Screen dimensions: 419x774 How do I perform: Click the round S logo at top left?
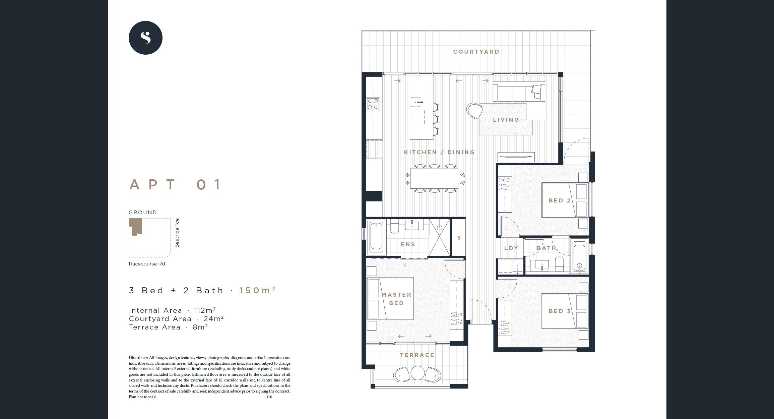point(145,38)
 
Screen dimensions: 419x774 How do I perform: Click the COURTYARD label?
point(476,52)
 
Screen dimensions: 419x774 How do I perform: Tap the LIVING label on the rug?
point(506,120)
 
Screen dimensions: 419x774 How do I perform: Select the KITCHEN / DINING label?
point(439,152)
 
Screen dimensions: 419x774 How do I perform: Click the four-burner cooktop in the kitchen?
point(373,104)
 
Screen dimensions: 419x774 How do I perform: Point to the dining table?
point(434,178)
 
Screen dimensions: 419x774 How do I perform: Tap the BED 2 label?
point(559,200)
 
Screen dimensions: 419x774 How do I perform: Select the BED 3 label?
point(559,311)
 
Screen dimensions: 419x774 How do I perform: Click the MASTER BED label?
point(396,299)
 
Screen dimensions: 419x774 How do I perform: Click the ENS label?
point(408,244)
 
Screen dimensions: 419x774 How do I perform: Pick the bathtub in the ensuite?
point(376,237)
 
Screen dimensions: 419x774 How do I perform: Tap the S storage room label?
point(459,238)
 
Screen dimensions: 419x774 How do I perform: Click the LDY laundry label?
point(511,248)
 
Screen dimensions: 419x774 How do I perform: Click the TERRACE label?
point(417,355)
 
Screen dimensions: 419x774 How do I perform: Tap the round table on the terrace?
point(417,373)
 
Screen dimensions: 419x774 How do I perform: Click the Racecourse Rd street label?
point(147,264)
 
